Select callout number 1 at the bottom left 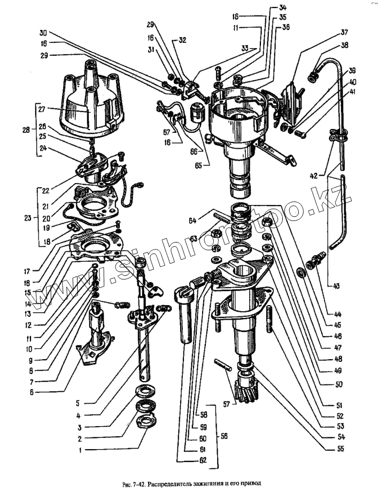(81, 451)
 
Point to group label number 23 (28, 218)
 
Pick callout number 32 (183, 40)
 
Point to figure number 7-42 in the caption (140, 482)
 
